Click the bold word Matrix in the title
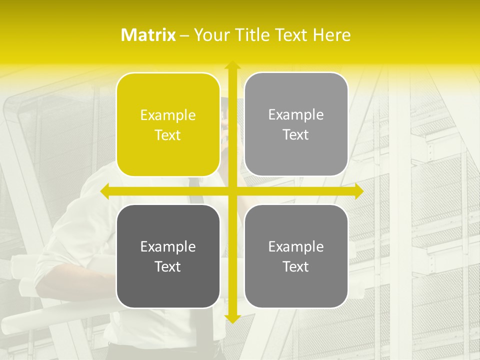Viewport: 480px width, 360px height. click(148, 35)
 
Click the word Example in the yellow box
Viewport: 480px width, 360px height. click(168, 115)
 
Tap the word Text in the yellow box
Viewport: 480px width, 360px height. click(168, 135)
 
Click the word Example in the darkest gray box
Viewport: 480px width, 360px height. click(168, 246)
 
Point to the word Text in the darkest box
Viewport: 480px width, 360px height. click(168, 266)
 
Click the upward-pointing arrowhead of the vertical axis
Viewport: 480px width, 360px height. click(232, 65)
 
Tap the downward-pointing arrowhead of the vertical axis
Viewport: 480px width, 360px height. click(232, 318)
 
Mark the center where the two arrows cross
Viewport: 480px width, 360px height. click(232, 191)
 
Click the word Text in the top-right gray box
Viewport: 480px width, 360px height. click(296, 134)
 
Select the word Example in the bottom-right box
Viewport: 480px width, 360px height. click(296, 246)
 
